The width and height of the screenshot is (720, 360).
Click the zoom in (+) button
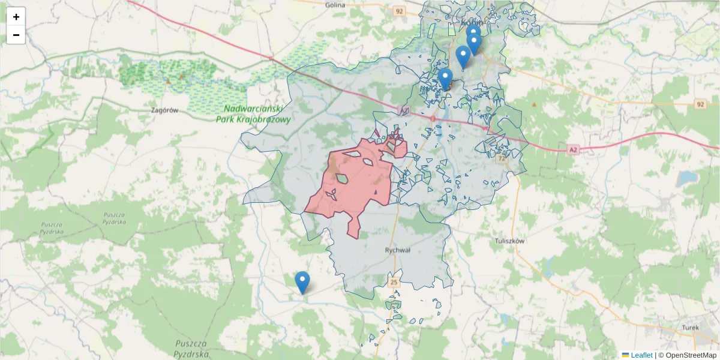(x=16, y=17)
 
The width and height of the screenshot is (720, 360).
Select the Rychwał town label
(x=397, y=250)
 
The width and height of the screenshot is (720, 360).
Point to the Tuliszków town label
(x=510, y=241)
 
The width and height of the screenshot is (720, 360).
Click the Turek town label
(x=691, y=328)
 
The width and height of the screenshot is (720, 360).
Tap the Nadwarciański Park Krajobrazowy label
(x=253, y=114)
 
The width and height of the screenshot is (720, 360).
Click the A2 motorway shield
(x=573, y=149)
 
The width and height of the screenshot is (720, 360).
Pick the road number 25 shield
(x=394, y=282)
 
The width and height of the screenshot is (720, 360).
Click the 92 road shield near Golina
(x=400, y=11)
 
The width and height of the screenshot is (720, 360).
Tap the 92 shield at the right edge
(x=700, y=104)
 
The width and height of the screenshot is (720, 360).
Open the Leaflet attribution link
(x=641, y=355)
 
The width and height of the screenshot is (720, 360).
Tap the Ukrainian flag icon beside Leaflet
(x=625, y=355)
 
